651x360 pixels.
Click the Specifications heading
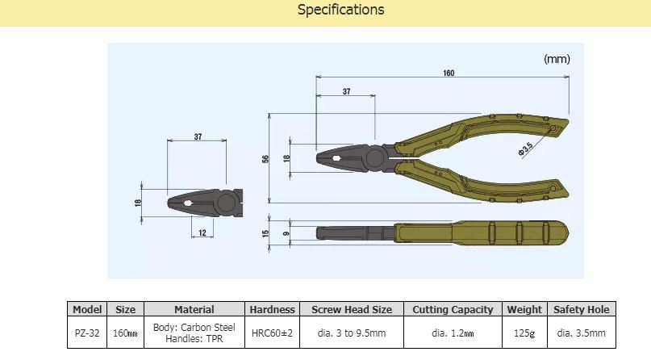(340, 10)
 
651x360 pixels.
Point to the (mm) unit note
(557, 59)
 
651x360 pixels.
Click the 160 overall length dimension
(448, 73)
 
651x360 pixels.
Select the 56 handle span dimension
(265, 159)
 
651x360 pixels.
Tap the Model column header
(86, 309)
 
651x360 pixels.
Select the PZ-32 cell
(86, 333)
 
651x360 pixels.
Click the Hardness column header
(272, 309)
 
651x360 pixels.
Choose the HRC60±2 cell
(272, 333)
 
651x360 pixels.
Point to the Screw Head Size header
(351, 309)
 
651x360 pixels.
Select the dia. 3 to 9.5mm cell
(351, 333)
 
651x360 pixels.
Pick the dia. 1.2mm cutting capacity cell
(452, 333)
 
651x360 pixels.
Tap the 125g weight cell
(524, 333)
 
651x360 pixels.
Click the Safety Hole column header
(581, 309)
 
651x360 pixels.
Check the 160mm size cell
(126, 333)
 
